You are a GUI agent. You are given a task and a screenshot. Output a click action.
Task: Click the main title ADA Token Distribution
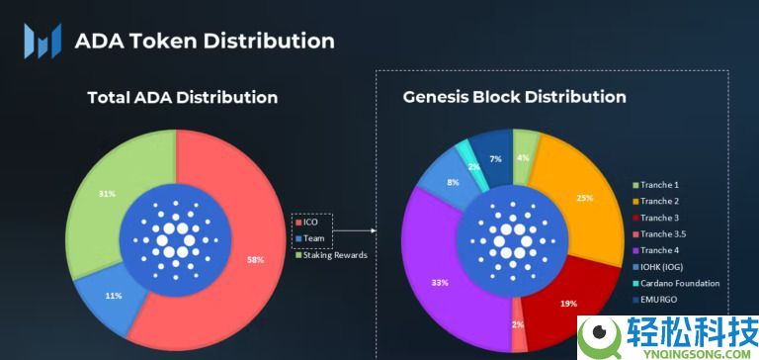205,41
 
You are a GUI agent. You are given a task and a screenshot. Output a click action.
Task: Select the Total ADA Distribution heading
182,98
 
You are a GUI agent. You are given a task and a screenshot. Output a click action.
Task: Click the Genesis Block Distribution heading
514,97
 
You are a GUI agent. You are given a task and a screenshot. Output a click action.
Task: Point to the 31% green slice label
105,194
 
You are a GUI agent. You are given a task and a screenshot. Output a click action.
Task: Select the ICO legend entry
310,223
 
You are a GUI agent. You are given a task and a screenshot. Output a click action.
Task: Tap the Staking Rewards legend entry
330,254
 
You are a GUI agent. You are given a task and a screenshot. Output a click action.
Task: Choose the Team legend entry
313,238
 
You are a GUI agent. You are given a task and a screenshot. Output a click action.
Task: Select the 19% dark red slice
568,305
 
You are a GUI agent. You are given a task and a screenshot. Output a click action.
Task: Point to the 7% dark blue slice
494,158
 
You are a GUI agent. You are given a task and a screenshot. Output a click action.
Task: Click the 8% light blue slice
452,181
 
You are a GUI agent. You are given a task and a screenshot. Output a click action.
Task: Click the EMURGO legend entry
664,299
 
